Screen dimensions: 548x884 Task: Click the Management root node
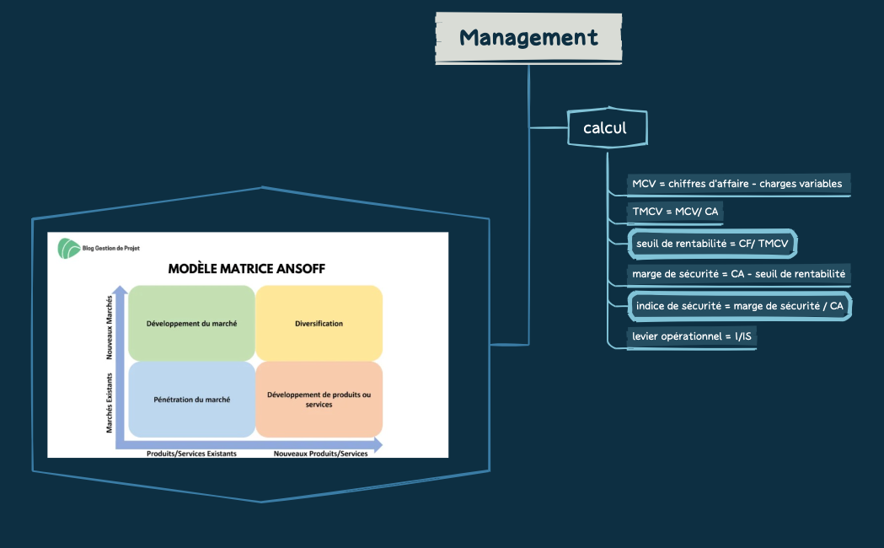click(x=528, y=38)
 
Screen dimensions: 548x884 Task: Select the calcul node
click(x=605, y=129)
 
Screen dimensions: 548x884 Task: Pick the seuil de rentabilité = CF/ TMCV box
click(x=712, y=244)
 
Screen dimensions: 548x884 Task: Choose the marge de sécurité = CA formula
click(x=738, y=274)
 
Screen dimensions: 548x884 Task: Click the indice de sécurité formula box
click(x=739, y=306)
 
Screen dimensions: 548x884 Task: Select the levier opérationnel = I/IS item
click(x=691, y=336)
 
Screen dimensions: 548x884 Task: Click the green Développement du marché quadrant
click(x=191, y=323)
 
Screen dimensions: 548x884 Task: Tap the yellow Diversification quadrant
click(x=319, y=323)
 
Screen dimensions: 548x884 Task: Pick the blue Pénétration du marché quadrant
click(x=191, y=400)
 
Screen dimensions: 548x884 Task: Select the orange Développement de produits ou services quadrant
click(x=319, y=400)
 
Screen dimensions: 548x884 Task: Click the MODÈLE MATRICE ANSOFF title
click(x=246, y=269)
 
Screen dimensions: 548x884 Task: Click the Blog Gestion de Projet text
click(x=112, y=249)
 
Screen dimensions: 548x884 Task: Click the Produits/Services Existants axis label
click(x=191, y=454)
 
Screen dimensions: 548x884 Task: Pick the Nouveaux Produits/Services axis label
click(x=320, y=454)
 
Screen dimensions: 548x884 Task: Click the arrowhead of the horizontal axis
click(x=378, y=444)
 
